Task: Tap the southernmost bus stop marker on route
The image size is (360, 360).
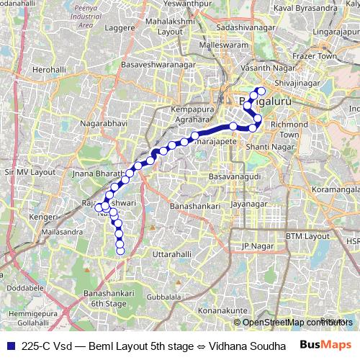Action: click(120, 251)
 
